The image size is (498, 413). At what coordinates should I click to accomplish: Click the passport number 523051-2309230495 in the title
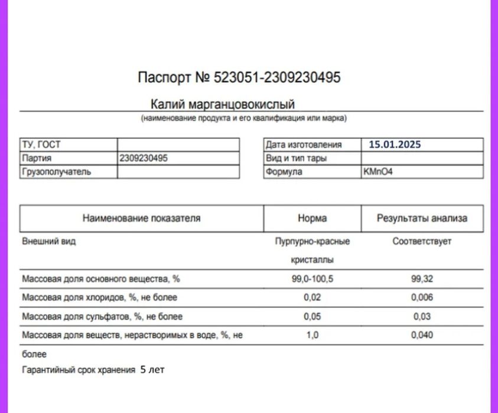[277, 77]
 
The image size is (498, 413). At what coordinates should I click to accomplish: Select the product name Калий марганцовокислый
[223, 105]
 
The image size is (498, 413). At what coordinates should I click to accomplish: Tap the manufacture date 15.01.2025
[395, 144]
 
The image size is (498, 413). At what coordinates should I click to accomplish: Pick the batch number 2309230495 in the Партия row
[144, 158]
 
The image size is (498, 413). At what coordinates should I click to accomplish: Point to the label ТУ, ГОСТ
[41, 145]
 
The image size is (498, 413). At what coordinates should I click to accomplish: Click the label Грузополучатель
[56, 172]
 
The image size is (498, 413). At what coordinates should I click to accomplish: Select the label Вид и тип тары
[296, 158]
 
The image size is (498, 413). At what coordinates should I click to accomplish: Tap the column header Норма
[313, 218]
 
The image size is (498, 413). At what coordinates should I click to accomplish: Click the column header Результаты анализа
[422, 218]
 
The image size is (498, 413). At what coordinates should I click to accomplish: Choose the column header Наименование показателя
[142, 218]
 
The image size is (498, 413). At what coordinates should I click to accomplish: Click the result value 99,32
[422, 279]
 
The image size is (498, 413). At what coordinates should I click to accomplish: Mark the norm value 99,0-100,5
[313, 279]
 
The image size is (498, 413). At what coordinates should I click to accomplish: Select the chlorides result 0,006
[422, 298]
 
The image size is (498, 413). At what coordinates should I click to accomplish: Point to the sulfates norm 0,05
[313, 317]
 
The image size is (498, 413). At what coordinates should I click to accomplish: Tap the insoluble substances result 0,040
[422, 336]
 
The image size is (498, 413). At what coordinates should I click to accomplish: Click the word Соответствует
[422, 242]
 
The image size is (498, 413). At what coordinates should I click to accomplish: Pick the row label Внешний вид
[49, 242]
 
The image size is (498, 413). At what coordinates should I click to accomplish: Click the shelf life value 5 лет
[152, 370]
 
